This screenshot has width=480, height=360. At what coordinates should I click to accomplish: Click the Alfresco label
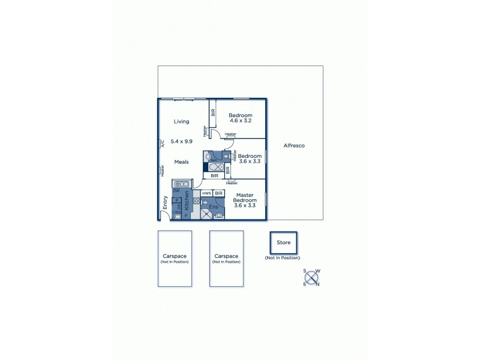295,146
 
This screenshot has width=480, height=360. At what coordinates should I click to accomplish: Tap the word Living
181,122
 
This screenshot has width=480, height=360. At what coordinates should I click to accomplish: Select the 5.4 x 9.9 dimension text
181,142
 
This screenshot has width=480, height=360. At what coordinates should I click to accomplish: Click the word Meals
182,162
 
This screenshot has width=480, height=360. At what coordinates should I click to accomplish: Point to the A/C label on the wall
161,143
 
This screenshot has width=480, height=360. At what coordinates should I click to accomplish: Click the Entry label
165,203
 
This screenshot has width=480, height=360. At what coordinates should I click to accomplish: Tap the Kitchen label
187,201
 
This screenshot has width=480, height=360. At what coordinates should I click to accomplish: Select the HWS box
206,193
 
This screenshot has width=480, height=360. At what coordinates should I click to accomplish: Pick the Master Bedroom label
245,200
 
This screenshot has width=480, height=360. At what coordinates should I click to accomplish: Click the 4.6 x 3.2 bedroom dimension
239,121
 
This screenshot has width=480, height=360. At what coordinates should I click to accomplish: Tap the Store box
283,243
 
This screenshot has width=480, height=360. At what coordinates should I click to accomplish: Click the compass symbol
311,277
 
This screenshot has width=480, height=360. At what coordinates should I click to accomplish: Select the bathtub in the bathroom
217,167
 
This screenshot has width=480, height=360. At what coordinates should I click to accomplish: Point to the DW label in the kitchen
176,191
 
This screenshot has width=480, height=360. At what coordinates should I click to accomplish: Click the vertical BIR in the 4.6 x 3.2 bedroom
212,112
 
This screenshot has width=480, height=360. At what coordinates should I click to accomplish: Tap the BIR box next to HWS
219,193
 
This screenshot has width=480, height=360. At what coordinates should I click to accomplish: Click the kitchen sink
182,184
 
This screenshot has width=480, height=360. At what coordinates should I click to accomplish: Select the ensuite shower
206,214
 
